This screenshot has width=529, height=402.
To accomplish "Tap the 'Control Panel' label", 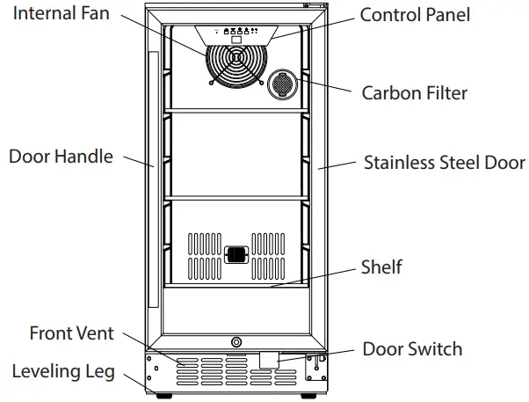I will pyautogui.click(x=415, y=15).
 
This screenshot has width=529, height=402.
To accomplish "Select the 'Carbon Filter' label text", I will pyautogui.click(x=414, y=92).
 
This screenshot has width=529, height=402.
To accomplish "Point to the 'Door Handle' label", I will pyautogui.click(x=61, y=157).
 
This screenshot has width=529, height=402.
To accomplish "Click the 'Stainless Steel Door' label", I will pyautogui.click(x=444, y=163).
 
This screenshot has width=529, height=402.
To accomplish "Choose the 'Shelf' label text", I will pyautogui.click(x=381, y=267).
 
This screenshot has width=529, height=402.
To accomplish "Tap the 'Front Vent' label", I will pyautogui.click(x=71, y=333).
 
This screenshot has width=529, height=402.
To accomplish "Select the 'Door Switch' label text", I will pyautogui.click(x=412, y=349).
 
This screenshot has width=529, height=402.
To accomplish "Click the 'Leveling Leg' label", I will pyautogui.click(x=63, y=371).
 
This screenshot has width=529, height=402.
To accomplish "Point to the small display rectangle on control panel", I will pyautogui.click(x=235, y=40).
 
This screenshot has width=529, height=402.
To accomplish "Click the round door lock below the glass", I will pyautogui.click(x=235, y=342).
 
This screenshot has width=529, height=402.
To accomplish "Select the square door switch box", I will pyautogui.click(x=268, y=359).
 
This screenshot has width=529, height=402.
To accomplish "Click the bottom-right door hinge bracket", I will pyautogui.click(x=312, y=368).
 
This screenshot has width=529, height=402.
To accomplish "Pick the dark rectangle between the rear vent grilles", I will pyautogui.click(x=235, y=255).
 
